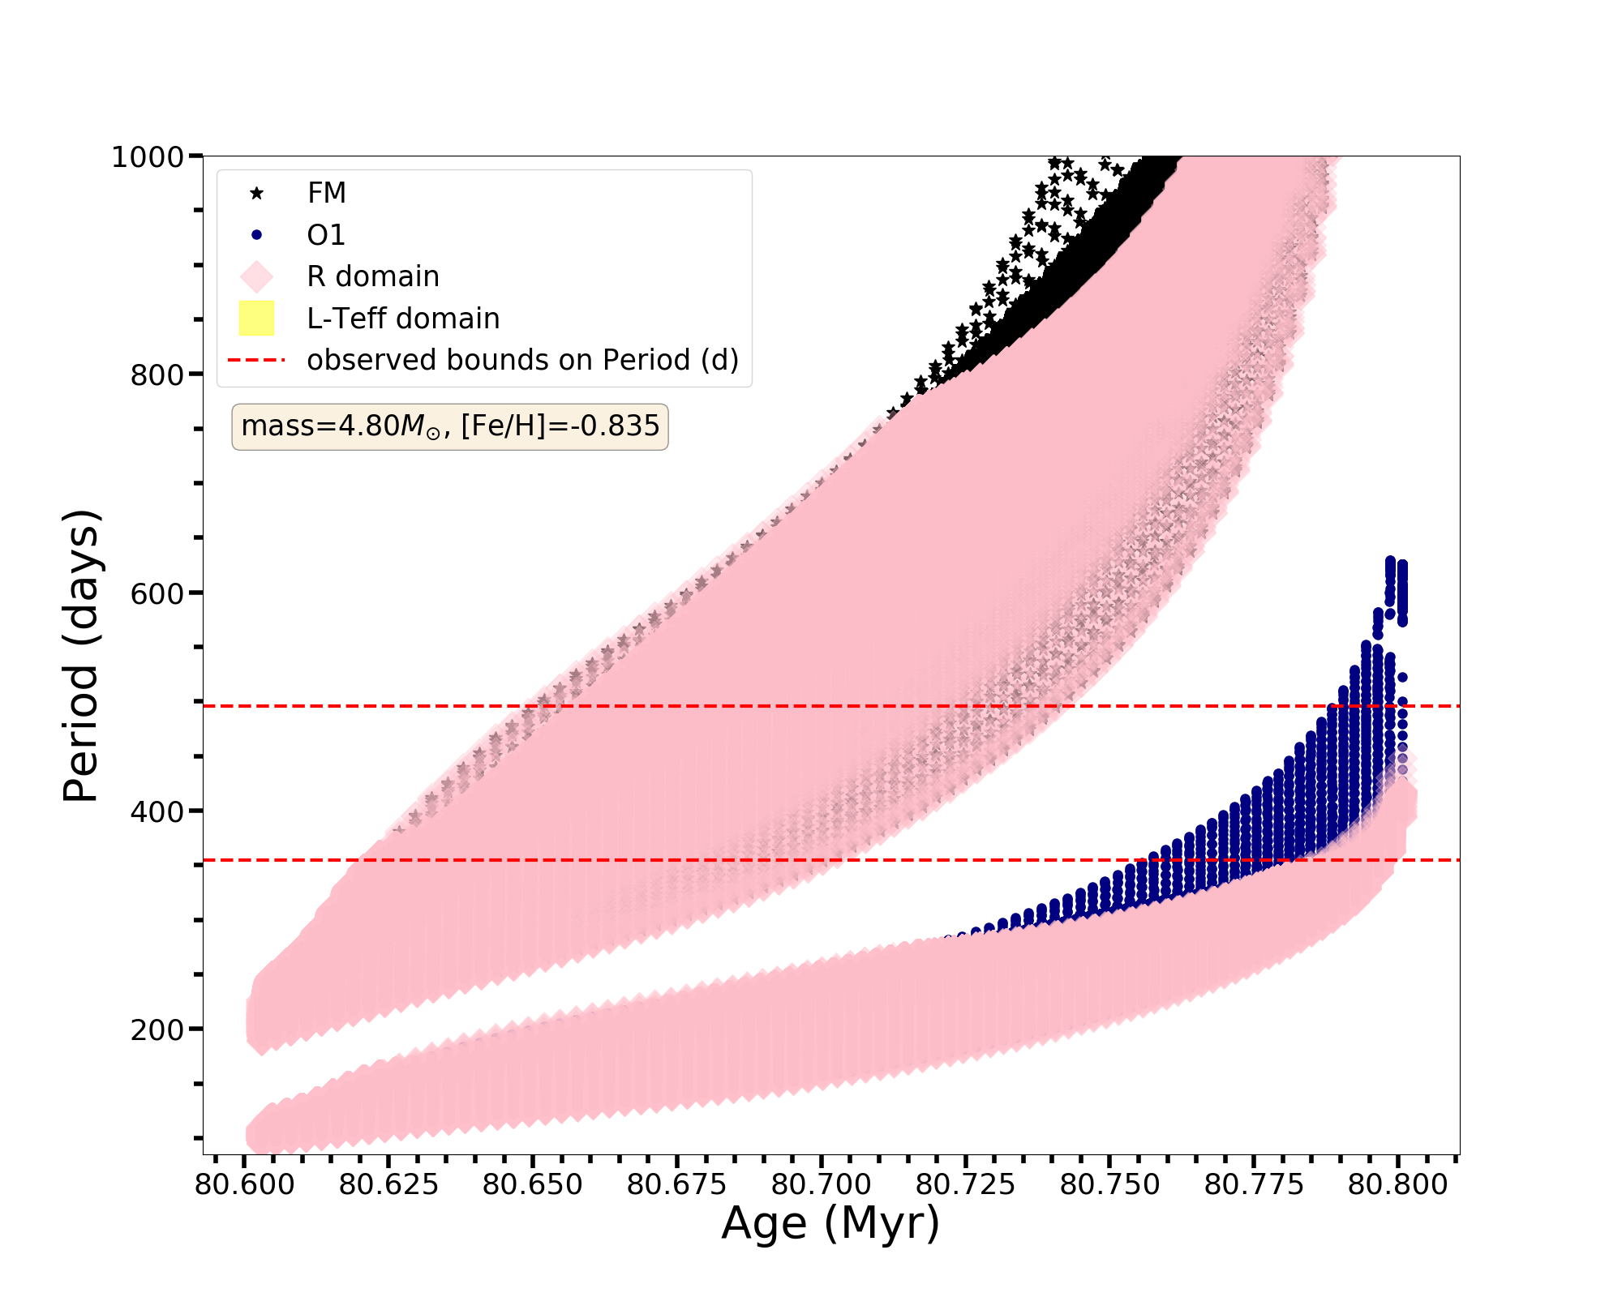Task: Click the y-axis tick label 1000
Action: (x=147, y=156)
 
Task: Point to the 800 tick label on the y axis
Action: (x=157, y=375)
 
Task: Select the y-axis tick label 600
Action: (x=157, y=593)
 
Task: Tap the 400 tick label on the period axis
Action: (x=157, y=811)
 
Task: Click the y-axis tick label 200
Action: (x=157, y=1029)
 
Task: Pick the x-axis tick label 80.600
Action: (x=245, y=1185)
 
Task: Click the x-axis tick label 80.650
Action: (x=533, y=1185)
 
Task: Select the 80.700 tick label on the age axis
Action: (x=821, y=1185)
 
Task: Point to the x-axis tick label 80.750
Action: (x=1109, y=1185)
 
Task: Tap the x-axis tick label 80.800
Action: (x=1397, y=1185)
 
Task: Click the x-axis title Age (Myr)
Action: (x=830, y=1224)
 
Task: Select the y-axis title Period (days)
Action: (x=81, y=656)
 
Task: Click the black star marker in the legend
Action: (x=256, y=193)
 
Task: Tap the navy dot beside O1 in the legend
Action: (x=256, y=235)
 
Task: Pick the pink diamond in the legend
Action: (x=256, y=276)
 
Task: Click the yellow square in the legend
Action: (x=256, y=319)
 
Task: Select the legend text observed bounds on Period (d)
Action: (x=522, y=360)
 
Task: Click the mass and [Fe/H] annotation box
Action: (x=450, y=426)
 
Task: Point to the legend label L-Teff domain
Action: (x=403, y=319)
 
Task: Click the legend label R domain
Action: (x=373, y=276)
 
